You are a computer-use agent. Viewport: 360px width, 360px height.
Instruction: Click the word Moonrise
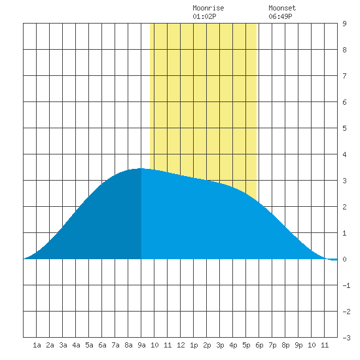[x=208, y=8]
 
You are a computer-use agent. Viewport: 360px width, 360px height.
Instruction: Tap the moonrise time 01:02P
[x=204, y=16]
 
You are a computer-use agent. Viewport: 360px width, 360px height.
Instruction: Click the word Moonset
[x=282, y=8]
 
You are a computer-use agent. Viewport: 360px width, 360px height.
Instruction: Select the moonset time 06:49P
[x=280, y=16]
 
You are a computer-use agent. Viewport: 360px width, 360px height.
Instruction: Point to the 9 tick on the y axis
[x=344, y=24]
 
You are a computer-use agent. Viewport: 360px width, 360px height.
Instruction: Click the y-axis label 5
[x=344, y=128]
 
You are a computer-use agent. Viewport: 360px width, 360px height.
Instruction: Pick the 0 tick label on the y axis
[x=344, y=259]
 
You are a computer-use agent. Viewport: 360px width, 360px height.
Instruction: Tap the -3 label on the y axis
[x=346, y=338]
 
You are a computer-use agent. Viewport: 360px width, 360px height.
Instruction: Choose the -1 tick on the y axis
[x=346, y=285]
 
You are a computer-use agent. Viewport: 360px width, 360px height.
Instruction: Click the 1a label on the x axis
[x=37, y=345]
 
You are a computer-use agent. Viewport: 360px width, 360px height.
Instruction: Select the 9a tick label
[x=141, y=345]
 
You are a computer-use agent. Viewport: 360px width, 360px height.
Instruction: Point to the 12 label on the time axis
[x=181, y=345]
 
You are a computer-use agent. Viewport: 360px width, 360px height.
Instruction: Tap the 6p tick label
[x=259, y=345]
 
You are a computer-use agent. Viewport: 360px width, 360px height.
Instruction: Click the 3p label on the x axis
[x=220, y=345]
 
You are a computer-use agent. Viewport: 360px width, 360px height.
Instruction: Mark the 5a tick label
[x=89, y=345]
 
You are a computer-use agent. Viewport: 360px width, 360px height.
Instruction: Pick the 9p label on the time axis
[x=298, y=345]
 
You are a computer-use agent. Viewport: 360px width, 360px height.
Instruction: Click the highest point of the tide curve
[x=141, y=168]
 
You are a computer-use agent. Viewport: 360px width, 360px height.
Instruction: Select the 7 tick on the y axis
[x=344, y=76]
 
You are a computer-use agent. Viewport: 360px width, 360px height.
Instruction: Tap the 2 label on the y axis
[x=344, y=207]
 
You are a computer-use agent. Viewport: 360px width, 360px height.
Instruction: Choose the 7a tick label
[x=115, y=345]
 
